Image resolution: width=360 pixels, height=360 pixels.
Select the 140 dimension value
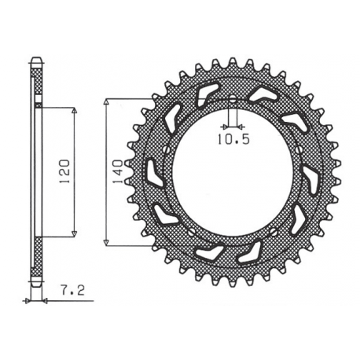point(116,171)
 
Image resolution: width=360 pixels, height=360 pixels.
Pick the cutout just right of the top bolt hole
point(259,94)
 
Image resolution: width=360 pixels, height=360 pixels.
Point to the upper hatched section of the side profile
point(36,82)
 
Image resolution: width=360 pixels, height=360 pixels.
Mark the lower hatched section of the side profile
point(36,259)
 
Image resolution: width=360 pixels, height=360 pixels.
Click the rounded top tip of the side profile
point(36,58)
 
